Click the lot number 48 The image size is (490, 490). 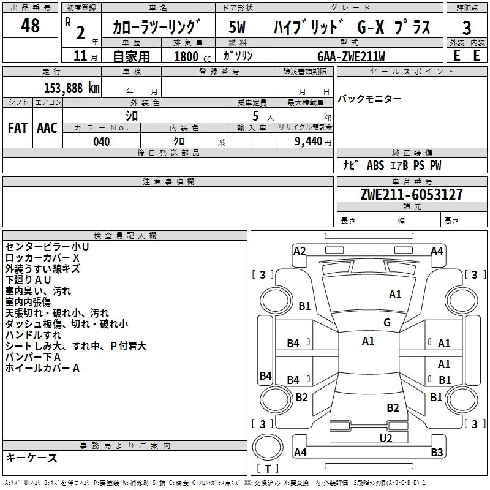(x=30, y=26)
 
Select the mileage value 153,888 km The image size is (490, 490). (x=71, y=88)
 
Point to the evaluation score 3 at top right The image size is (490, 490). (x=467, y=28)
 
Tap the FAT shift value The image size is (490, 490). (x=17, y=128)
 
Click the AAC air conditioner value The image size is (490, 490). (x=47, y=128)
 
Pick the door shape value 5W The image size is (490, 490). (x=237, y=28)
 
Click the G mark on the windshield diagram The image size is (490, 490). (x=386, y=322)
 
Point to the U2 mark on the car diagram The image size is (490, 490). (x=385, y=437)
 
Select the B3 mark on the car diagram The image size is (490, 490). (x=436, y=453)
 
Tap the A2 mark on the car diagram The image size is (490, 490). (x=300, y=251)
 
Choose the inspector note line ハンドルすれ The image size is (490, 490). (x=33, y=335)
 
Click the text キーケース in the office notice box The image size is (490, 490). (x=31, y=458)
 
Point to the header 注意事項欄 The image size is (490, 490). (x=168, y=182)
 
